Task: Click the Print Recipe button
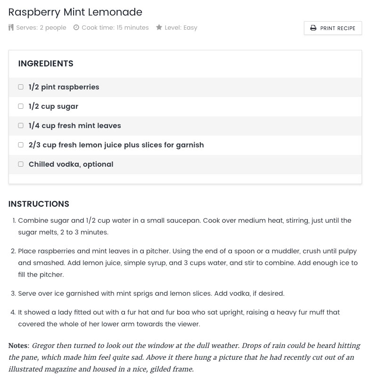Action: coord(333,28)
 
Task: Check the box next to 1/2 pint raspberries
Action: coord(21,87)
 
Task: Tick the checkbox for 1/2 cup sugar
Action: coord(21,106)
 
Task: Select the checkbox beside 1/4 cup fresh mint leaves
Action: coord(21,126)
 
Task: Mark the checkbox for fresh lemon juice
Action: coord(21,145)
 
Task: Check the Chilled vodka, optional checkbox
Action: coord(21,164)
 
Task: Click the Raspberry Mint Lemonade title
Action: coord(75,12)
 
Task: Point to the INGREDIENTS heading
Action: coord(46,64)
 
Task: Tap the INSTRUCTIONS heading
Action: coord(39,204)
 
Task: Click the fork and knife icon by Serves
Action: coord(11,28)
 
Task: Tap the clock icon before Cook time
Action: coord(76,28)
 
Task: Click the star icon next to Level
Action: coord(159,28)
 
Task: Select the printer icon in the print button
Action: coord(313,28)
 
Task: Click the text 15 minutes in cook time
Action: coord(132,28)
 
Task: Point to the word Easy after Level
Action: coord(190,28)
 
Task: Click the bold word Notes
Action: coord(18,346)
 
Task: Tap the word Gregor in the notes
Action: coord(44,346)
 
